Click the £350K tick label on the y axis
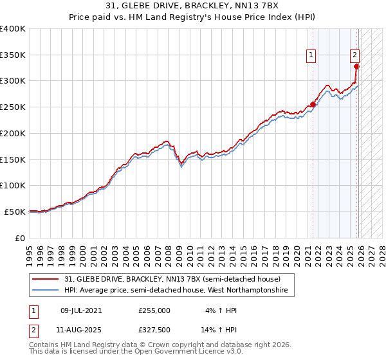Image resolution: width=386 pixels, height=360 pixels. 13,55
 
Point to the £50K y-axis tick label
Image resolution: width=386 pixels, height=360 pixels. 15,212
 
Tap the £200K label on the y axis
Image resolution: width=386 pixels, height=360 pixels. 13,133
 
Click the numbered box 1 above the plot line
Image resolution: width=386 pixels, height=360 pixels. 311,56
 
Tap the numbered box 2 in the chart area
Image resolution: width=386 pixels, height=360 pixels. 354,56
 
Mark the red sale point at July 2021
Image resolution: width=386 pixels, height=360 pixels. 313,104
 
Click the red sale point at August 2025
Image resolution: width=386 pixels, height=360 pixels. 357,66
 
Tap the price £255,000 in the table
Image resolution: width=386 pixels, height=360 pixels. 154,310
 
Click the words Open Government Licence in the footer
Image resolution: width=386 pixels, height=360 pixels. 187,353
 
